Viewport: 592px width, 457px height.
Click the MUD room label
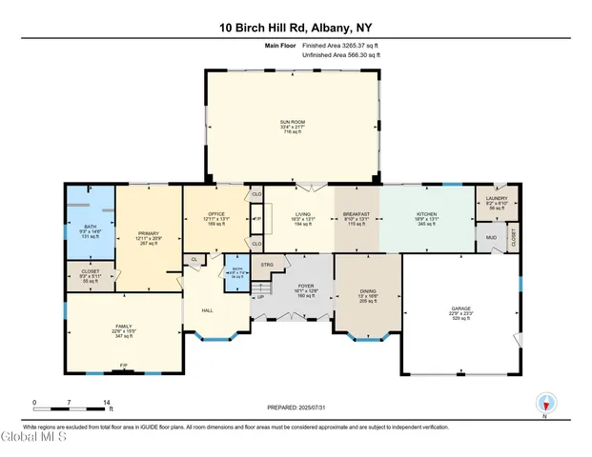pyautogui.click(x=492, y=237)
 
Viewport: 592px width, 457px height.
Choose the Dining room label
pyautogui.click(x=366, y=295)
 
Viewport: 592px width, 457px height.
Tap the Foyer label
pyautogui.click(x=306, y=287)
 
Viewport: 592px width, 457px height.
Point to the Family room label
pyautogui.click(x=121, y=327)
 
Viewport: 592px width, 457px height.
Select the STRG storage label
pyautogui.click(x=268, y=264)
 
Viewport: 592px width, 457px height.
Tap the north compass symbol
pyautogui.click(x=544, y=404)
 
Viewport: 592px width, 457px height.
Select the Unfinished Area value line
pyautogui.click(x=341, y=55)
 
